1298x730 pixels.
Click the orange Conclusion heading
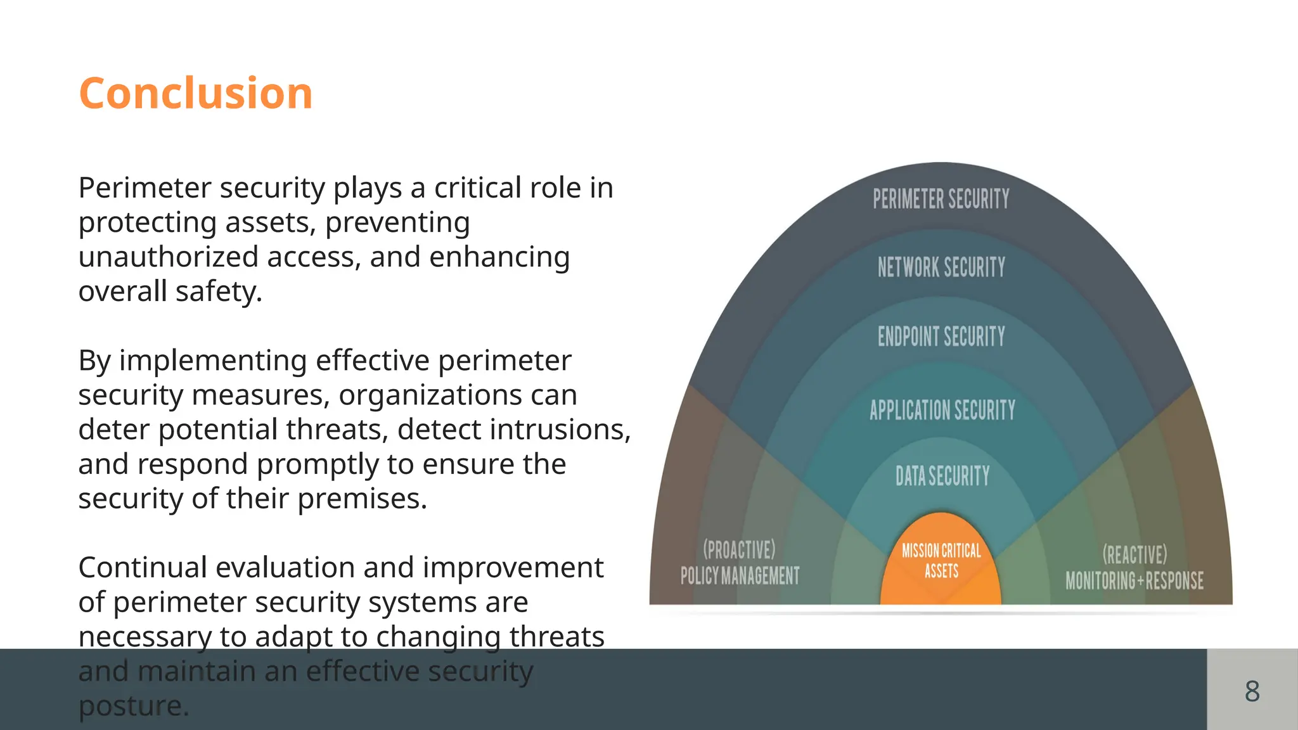point(196,93)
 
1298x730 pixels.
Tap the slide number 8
point(1252,691)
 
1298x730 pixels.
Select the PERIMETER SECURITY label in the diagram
point(941,199)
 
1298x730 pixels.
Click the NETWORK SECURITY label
point(941,267)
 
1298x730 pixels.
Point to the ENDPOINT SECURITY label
point(941,336)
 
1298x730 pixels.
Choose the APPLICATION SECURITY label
point(942,410)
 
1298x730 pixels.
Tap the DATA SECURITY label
point(942,476)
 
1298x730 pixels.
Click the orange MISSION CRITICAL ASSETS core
point(941,561)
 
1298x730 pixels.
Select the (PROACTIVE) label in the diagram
point(739,549)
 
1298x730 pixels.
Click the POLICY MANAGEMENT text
point(740,576)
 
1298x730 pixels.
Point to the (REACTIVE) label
point(1134,554)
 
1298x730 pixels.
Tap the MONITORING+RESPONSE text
point(1134,580)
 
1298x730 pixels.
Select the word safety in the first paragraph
point(218,291)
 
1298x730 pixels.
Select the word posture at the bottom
point(133,706)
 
